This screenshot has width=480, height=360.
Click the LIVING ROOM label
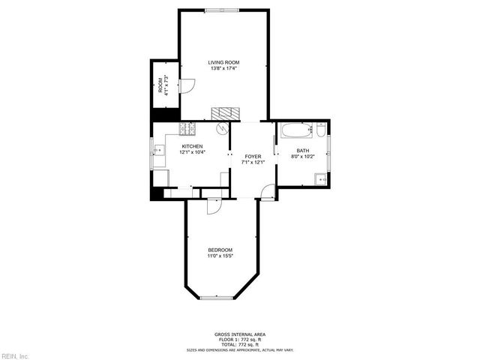point(223,62)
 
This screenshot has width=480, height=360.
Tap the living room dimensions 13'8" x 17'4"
point(223,68)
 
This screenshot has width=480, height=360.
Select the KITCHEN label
point(191,146)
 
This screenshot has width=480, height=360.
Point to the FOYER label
point(253,156)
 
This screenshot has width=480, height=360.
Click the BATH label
point(302,151)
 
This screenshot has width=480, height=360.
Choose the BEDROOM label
point(220,250)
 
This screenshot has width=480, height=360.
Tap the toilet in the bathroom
point(320,133)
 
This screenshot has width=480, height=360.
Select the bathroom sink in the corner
point(320,178)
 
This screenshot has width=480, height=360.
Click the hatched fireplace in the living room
point(223,113)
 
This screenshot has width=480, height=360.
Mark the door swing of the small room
point(187,86)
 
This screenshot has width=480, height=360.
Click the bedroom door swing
point(214,206)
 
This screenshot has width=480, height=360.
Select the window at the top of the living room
point(223,10)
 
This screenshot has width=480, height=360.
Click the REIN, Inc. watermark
point(15,355)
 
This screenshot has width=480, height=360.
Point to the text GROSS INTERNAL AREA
point(240,334)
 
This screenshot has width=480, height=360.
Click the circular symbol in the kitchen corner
point(221,129)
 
